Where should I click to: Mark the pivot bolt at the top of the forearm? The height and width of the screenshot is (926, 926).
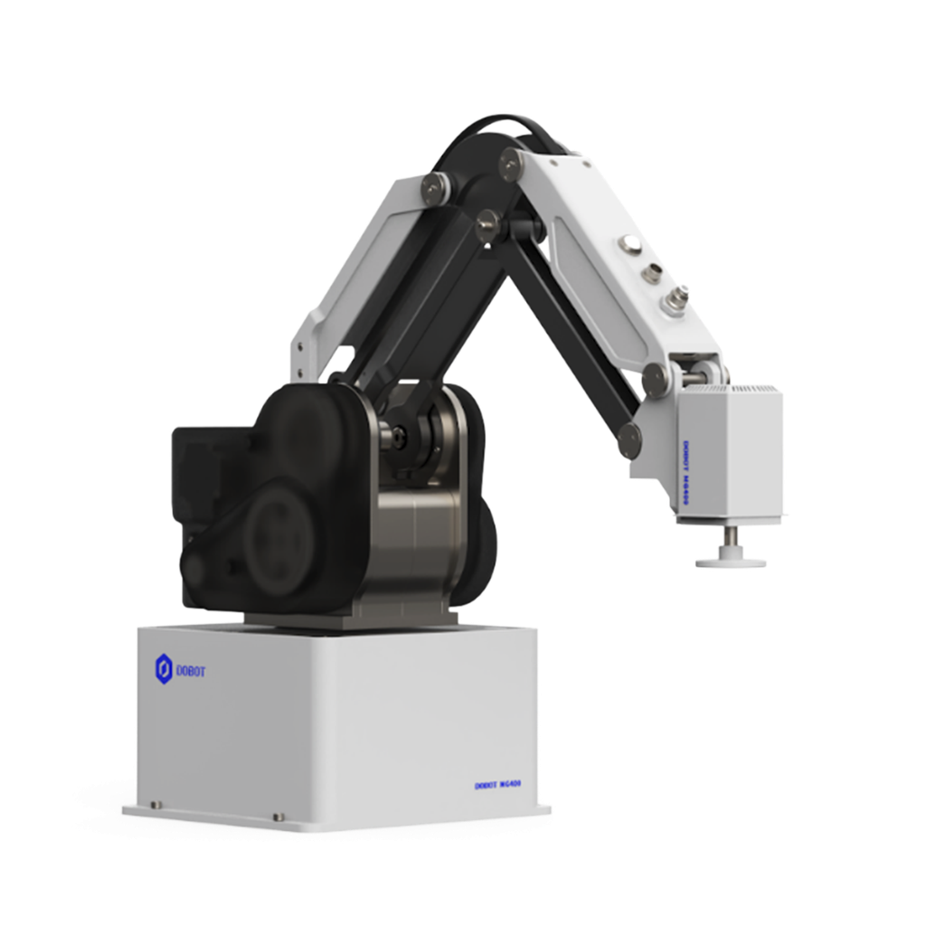click(509, 163)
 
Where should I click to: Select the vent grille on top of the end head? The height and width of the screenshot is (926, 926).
click(732, 389)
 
